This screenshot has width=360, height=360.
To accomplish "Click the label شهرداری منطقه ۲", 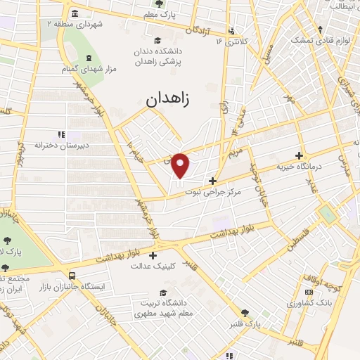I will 75,24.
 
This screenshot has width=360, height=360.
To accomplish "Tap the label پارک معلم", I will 159,14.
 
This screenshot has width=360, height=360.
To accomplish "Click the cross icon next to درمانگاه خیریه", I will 300,155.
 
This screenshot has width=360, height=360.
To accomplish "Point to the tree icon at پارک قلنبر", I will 245,313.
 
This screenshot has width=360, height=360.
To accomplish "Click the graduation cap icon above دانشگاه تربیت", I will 163,292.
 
